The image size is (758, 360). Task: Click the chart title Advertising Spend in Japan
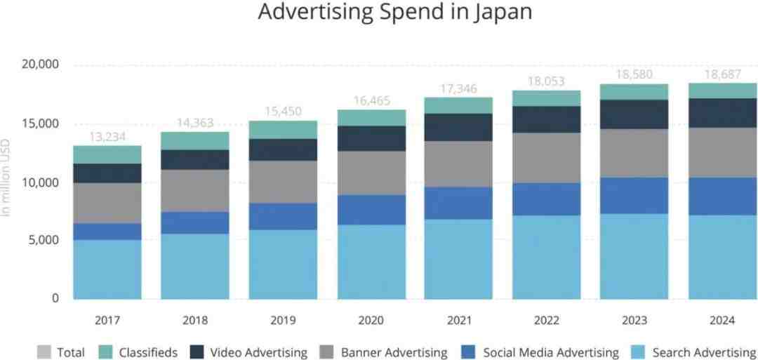(x=395, y=13)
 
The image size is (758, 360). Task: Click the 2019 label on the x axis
(x=283, y=320)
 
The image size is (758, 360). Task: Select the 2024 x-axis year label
(x=722, y=320)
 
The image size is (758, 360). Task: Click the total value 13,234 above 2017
(x=107, y=137)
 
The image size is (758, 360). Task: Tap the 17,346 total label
(x=458, y=88)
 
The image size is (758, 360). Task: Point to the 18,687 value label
(x=722, y=74)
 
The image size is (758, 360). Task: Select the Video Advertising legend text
(x=258, y=352)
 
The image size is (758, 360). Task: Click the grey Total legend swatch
(x=44, y=352)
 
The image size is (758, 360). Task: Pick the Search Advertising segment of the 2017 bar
(x=107, y=269)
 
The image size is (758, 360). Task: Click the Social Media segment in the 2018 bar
(x=195, y=223)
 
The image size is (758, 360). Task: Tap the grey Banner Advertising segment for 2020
(x=371, y=173)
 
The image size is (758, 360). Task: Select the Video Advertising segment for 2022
(x=546, y=119)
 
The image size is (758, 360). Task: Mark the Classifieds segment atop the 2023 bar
(x=634, y=92)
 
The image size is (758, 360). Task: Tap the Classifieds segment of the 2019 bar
(x=283, y=130)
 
